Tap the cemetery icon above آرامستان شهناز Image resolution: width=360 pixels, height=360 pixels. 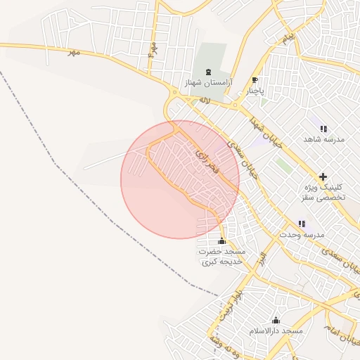tap(207, 72)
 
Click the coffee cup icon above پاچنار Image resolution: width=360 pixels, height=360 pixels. tap(255, 80)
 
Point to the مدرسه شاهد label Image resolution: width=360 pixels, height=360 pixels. tap(324, 139)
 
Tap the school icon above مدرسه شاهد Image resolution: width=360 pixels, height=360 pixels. tap(323, 129)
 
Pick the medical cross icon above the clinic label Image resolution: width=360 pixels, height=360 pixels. tap(323, 176)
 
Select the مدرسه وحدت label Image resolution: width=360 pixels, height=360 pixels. tap(302, 233)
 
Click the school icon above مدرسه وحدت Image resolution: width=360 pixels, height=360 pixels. tap(302, 224)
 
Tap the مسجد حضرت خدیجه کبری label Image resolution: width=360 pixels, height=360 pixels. tap(221, 256)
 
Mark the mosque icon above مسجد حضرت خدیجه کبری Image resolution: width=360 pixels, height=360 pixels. tap(222, 241)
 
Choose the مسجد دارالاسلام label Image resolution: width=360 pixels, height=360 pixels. tap(275, 330)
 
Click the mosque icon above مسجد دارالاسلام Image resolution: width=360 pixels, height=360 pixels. tap(275, 320)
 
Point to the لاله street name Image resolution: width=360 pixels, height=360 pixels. tap(205, 102)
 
